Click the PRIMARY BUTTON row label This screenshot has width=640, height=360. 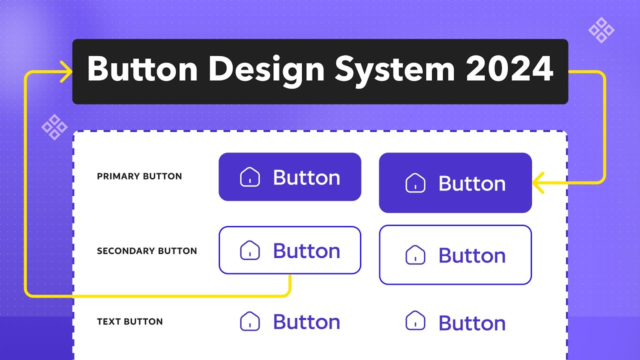pyautogui.click(x=139, y=176)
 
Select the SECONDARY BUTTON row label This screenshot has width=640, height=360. pyautogui.click(x=147, y=251)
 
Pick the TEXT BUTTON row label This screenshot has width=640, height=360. pyautogui.click(x=130, y=321)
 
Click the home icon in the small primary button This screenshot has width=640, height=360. pyautogui.click(x=250, y=177)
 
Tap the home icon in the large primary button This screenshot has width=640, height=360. pyautogui.click(x=415, y=183)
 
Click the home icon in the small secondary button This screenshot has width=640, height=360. pyautogui.click(x=250, y=250)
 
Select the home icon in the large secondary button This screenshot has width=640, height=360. pyautogui.click(x=415, y=255)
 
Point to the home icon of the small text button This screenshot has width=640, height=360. pyautogui.click(x=250, y=321)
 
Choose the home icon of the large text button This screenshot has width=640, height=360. pyautogui.click(x=415, y=320)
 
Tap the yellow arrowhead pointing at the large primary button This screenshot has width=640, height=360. pyautogui.click(x=538, y=182)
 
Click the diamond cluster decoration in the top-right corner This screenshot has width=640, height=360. pyautogui.click(x=601, y=30)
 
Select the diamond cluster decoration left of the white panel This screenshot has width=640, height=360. pyautogui.click(x=54, y=127)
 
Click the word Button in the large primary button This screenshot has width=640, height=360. pyautogui.click(x=472, y=183)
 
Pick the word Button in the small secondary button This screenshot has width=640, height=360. pyautogui.click(x=306, y=250)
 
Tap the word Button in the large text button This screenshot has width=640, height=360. pyautogui.click(x=472, y=323)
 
